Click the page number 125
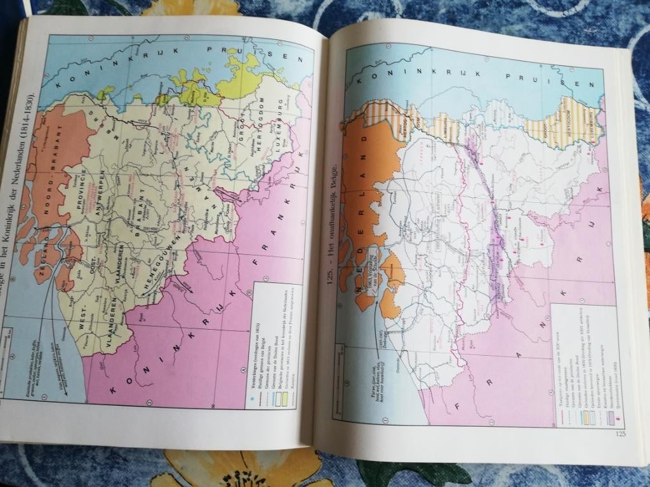620,434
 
